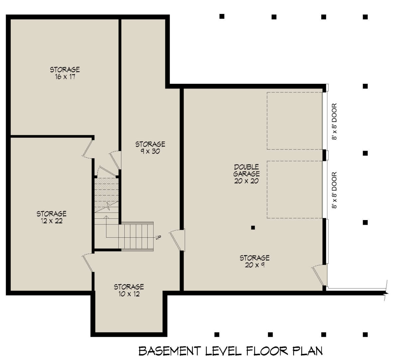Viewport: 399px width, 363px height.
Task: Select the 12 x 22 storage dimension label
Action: [52, 221]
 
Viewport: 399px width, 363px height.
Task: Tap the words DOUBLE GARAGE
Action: [246, 170]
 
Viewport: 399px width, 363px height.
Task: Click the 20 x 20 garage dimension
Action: [246, 181]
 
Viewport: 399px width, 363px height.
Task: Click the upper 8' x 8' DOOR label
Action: [334, 122]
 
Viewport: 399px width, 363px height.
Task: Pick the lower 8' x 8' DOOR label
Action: [334, 190]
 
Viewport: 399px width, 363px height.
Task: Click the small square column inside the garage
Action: [253, 228]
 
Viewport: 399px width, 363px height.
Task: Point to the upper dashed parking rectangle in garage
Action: [294, 121]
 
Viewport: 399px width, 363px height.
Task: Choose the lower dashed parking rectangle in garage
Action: [294, 189]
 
